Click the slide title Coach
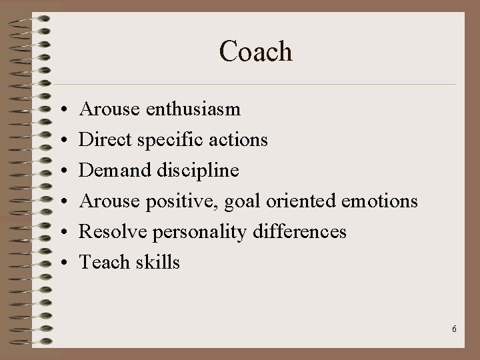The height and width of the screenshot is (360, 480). click(255, 51)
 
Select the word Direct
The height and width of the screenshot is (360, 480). click(101, 139)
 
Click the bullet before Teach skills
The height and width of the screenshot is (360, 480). click(60, 263)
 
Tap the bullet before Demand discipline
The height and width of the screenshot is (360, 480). click(60, 171)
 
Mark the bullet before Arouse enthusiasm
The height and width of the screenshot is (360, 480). click(60, 109)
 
